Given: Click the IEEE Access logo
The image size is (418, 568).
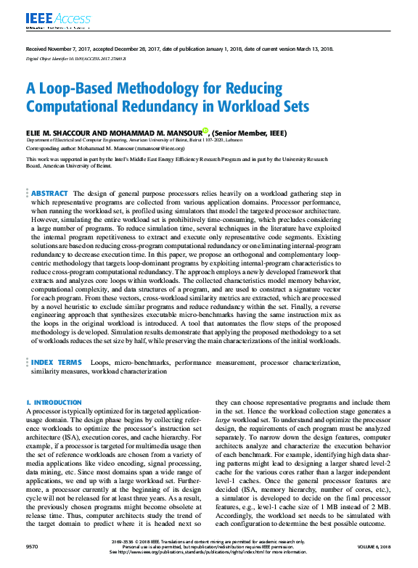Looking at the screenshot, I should point(49,20).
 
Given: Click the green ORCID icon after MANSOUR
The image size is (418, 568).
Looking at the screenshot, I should point(205,131).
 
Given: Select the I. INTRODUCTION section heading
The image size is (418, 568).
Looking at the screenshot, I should point(54,402).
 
